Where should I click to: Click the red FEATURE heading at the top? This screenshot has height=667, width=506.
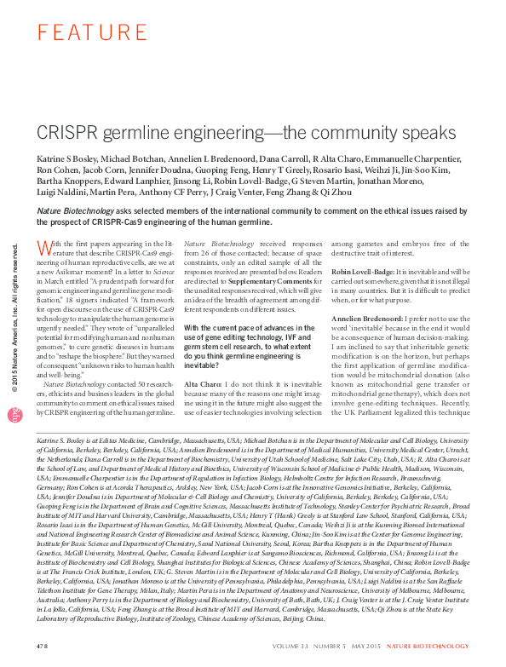80,33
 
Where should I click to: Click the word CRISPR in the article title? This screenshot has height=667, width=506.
68,134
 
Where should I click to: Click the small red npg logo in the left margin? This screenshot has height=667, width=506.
14,412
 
